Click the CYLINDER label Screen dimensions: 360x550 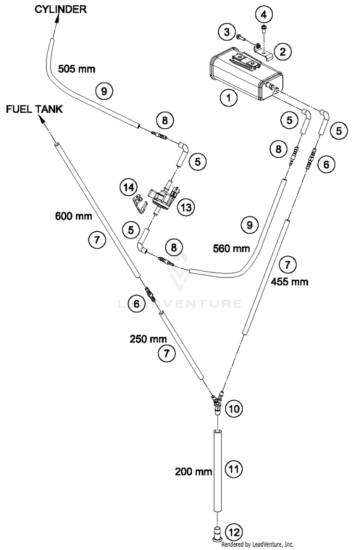click(x=60, y=9)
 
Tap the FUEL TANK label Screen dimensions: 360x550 click(x=35, y=109)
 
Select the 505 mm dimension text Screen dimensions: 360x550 click(x=76, y=69)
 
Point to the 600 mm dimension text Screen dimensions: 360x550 click(x=73, y=215)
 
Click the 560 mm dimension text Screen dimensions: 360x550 click(x=231, y=249)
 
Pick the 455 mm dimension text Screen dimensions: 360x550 click(x=290, y=281)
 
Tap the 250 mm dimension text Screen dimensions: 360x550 click(x=148, y=339)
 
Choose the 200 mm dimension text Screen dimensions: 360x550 click(x=194, y=472)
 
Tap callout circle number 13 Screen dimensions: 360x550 click(x=186, y=207)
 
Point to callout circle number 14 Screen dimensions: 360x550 click(x=128, y=187)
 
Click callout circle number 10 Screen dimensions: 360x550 click(x=234, y=408)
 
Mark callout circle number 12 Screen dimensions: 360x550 click(x=234, y=532)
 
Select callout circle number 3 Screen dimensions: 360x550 click(x=227, y=32)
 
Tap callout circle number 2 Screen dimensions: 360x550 click(x=283, y=51)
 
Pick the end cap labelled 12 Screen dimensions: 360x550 click(x=217, y=532)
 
